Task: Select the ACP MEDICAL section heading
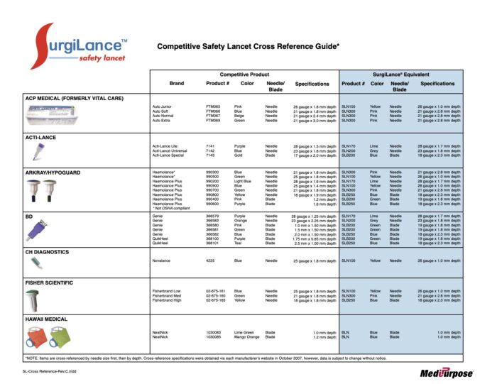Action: point(74,97)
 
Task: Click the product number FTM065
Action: point(213,106)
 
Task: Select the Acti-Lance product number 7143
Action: point(211,154)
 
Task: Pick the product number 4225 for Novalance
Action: point(211,260)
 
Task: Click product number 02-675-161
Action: point(217,290)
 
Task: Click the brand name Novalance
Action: point(161,260)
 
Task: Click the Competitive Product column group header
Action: point(244,74)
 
